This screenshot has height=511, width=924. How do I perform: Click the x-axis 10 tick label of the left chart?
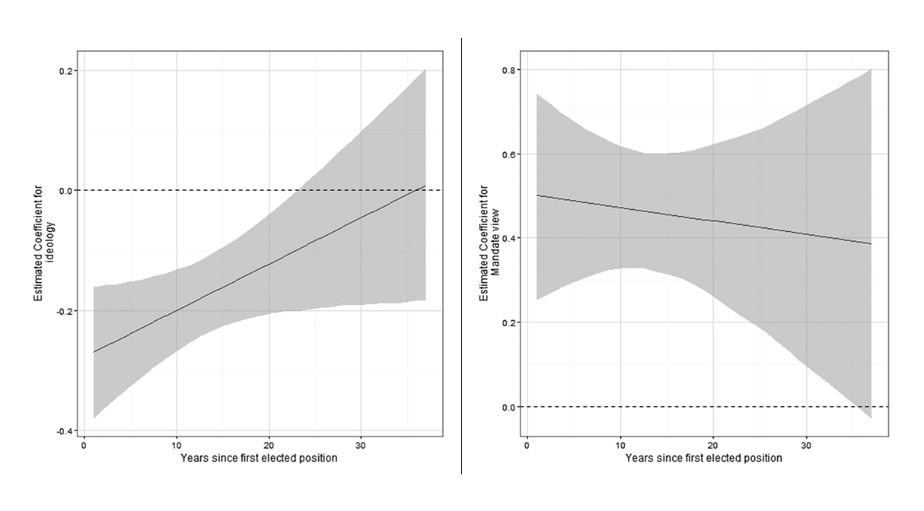click(x=177, y=446)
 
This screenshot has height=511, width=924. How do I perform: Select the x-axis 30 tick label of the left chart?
click(x=361, y=446)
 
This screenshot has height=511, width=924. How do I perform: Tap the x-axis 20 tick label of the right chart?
click(x=712, y=446)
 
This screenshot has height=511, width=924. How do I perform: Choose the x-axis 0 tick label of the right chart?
click(x=527, y=446)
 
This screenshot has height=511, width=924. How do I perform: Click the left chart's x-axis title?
click(x=259, y=459)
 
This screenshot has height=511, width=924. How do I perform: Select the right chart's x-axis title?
click(x=703, y=459)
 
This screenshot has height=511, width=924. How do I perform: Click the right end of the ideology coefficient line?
click(x=425, y=186)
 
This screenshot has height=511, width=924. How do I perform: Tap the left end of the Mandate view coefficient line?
click(x=537, y=195)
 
